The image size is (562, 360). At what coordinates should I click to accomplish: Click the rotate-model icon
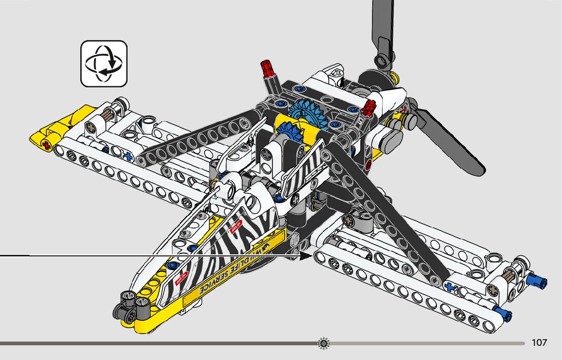104,63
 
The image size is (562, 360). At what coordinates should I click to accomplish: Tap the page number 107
539,343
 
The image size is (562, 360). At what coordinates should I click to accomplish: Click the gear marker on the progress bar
323,344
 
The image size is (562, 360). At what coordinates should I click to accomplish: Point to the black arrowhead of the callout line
306,255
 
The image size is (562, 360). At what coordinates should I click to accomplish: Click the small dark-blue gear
289,135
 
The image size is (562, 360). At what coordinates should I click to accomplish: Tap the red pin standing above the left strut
266,68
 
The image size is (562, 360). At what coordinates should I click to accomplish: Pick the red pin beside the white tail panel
368,106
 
